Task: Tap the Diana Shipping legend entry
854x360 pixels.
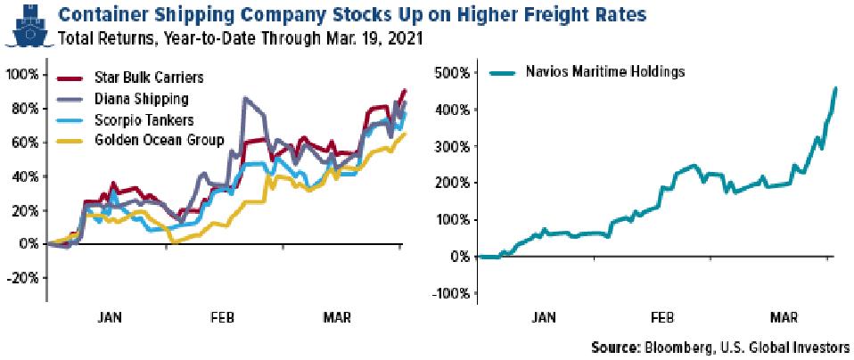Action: coord(129,99)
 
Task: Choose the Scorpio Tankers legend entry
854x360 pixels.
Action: coord(132,119)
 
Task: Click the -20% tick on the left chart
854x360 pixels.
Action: coord(22,277)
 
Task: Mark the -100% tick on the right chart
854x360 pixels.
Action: coord(449,293)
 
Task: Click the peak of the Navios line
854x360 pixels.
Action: coord(834,87)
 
